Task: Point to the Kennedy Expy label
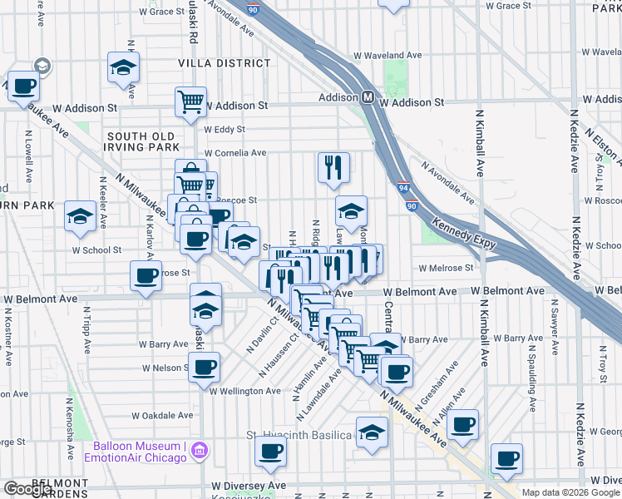coord(464,234)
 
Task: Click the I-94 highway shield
coord(403,189)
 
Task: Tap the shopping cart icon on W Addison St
coord(190,101)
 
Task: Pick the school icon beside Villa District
coord(124,67)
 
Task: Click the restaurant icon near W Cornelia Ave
coord(333,166)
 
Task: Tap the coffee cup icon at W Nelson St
coord(204,367)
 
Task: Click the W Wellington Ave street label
coord(245,391)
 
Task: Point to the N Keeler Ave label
coord(102,203)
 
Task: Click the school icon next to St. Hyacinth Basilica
coord(372,432)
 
